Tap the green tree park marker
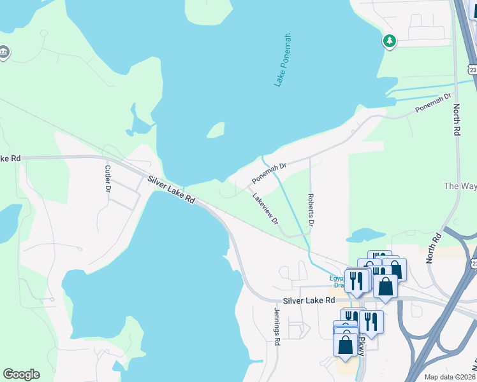(x=389, y=41)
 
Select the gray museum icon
(x=3, y=52)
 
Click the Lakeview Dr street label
(x=265, y=209)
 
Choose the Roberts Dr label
(x=311, y=211)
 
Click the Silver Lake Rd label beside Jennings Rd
(x=309, y=300)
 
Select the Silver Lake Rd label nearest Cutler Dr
(x=171, y=189)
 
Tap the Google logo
(x=21, y=374)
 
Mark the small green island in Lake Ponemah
(x=216, y=131)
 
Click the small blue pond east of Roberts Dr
(x=363, y=236)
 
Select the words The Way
(x=459, y=186)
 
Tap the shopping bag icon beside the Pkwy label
(x=345, y=344)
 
